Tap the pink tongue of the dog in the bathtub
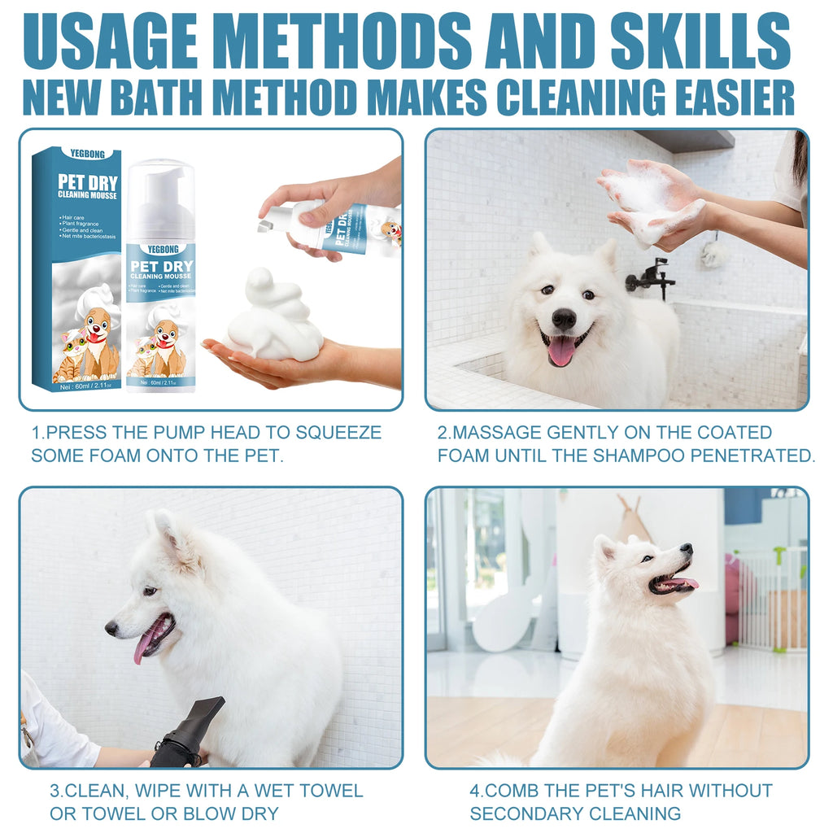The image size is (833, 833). tap(561, 351)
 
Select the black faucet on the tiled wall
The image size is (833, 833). tap(652, 277)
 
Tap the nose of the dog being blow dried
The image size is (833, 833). tap(111, 628)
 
